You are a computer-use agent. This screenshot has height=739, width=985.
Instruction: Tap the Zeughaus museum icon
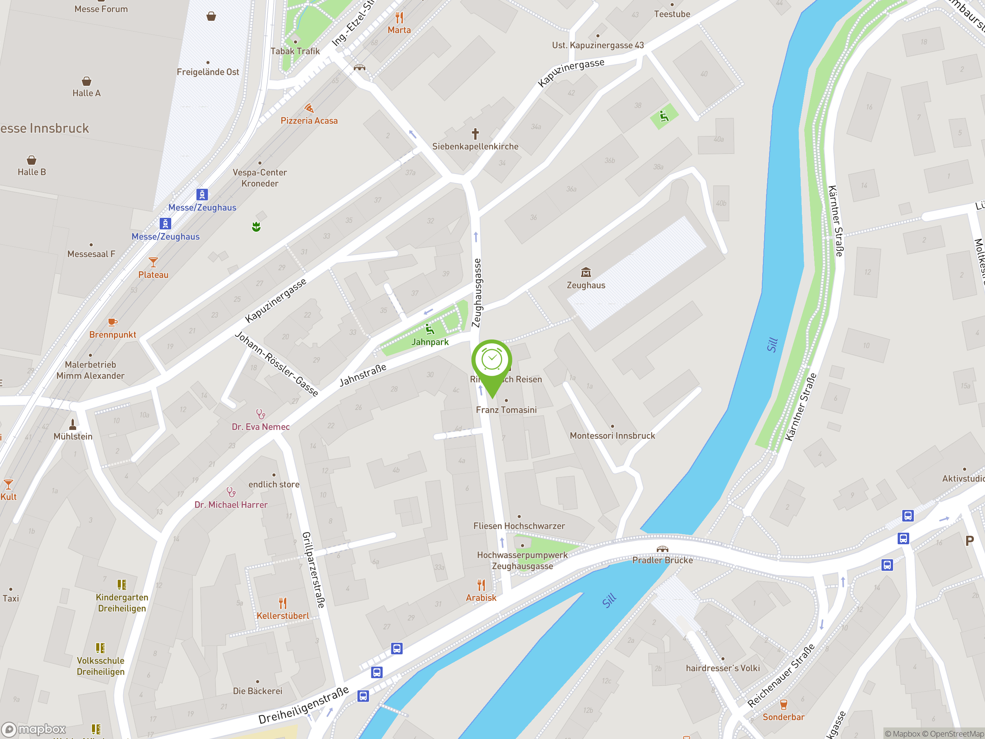click(586, 272)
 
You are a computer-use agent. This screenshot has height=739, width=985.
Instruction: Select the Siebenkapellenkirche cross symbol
click(475, 134)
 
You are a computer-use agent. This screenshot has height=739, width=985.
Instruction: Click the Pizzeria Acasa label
click(309, 121)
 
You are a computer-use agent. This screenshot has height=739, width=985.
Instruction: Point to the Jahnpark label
click(430, 342)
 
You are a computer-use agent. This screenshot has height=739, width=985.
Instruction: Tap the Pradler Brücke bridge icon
click(662, 549)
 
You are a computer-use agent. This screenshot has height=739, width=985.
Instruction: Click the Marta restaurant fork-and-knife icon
click(399, 18)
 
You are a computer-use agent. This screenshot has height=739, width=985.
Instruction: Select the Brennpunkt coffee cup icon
click(112, 322)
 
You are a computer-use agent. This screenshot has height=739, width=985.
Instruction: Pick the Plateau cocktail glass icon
click(153, 262)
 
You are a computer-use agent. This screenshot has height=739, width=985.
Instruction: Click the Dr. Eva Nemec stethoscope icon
click(260, 414)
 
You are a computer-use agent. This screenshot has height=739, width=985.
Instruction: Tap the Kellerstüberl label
click(282, 615)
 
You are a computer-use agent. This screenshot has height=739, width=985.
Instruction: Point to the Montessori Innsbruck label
click(612, 436)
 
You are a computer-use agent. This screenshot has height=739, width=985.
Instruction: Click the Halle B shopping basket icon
click(31, 160)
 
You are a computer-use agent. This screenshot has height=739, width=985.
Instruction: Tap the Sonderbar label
click(783, 717)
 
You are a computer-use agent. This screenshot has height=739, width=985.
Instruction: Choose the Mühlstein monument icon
click(73, 424)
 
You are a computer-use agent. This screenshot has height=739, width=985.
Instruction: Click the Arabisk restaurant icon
click(481, 585)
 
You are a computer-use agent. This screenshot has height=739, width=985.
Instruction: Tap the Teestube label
click(672, 14)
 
